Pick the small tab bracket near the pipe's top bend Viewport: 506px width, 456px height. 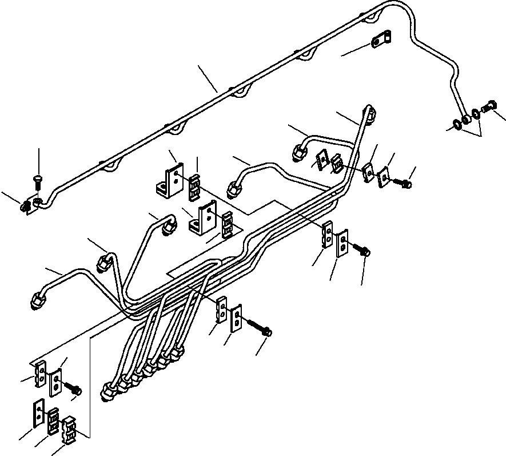pyautogui.click(x=379, y=42)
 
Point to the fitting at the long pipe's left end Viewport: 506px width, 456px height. pyautogui.click(x=27, y=207)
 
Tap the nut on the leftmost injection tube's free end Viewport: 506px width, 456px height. pyautogui.click(x=36, y=302)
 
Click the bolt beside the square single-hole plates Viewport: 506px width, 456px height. pyautogui.click(x=404, y=184)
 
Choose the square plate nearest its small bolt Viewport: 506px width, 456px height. pyautogui.click(x=384, y=177)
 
